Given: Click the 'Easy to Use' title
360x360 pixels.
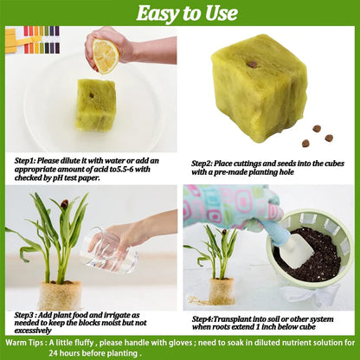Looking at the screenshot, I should pyautogui.click(x=180, y=13).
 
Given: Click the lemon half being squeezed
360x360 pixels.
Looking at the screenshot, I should pyautogui.click(x=103, y=55).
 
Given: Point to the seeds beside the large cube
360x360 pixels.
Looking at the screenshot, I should pyautogui.click(x=316, y=135).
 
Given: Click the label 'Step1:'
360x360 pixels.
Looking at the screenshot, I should pyautogui.click(x=30, y=160).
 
